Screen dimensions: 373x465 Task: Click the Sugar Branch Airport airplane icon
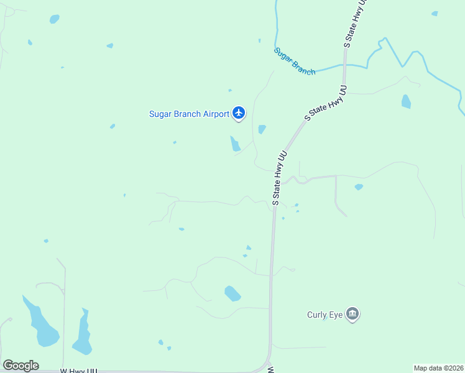pos(239,113)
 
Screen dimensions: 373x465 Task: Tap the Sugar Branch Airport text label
pos(189,114)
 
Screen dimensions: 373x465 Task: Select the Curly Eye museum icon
pos(352,315)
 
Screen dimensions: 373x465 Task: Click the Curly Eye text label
pos(325,315)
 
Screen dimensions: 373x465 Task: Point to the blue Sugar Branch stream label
pos(295,62)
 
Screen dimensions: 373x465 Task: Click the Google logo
pos(21,365)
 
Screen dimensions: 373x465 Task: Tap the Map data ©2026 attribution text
pos(439,368)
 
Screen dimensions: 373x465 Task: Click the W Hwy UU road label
pos(78,371)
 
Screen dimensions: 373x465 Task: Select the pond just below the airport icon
pos(236,144)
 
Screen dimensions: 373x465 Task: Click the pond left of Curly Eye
pos(232,293)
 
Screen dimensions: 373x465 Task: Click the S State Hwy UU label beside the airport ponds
pos(279,176)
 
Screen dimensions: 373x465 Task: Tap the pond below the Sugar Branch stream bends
pos(406,101)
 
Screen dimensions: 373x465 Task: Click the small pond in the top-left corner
pos(55,19)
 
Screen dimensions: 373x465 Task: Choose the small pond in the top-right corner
pos(435,13)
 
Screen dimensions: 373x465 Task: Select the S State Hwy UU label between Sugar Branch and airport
pos(325,103)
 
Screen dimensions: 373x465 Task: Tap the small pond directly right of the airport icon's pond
pos(262,129)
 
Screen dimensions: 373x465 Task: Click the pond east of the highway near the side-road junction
pos(359,186)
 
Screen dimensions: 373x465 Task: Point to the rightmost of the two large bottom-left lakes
pos(82,333)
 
